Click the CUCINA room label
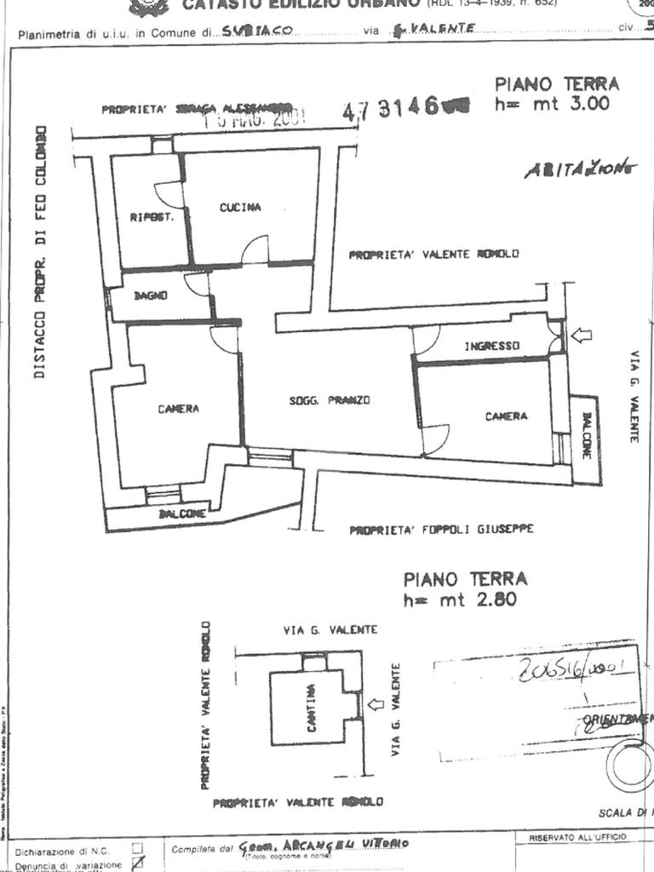[x=240, y=208]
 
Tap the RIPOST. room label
[x=152, y=217]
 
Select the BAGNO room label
[x=149, y=295]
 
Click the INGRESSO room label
[x=491, y=347]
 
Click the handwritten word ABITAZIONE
[x=579, y=168]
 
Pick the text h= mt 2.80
[x=460, y=599]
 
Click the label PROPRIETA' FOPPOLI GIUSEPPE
[x=441, y=530]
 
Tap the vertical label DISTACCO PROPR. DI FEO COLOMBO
[x=40, y=253]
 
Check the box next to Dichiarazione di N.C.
[x=137, y=849]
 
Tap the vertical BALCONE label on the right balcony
[x=587, y=435]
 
